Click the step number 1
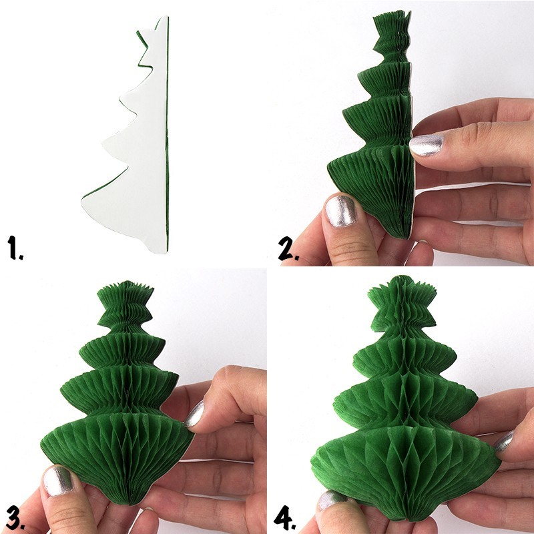[x=15, y=248]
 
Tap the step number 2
[x=286, y=248]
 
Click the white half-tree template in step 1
[x=137, y=160]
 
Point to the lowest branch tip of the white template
[x=84, y=198]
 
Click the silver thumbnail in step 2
[x=341, y=212]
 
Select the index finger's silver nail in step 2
[x=426, y=145]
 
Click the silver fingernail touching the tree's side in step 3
[x=194, y=415]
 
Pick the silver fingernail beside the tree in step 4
[x=503, y=441]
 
